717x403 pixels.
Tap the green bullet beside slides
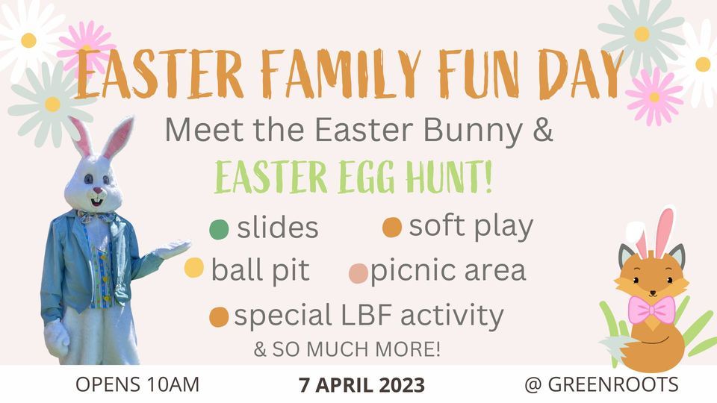coord(220,229)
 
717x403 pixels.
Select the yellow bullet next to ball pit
coord(194,268)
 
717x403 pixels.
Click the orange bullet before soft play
coord(392,227)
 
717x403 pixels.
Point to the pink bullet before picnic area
coord(358,273)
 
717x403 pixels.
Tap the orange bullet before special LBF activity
coord(219,317)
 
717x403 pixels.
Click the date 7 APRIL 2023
coord(361,385)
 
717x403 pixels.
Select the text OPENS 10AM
coord(137,385)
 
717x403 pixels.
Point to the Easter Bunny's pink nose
coord(96,191)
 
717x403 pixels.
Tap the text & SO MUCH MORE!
coord(347,349)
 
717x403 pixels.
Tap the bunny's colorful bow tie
coord(97,217)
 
